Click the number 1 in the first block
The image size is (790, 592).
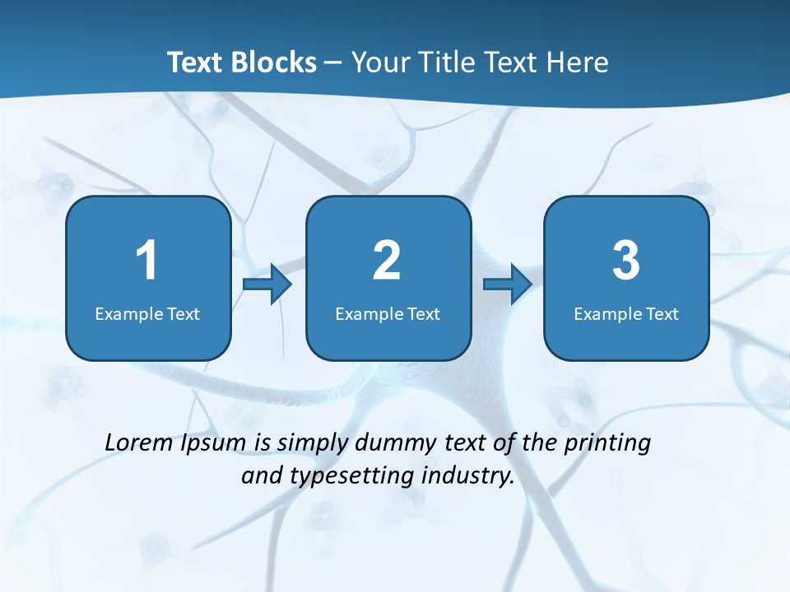[x=146, y=261]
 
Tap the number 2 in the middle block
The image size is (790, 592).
[x=387, y=261]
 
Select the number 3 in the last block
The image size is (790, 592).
[x=626, y=261]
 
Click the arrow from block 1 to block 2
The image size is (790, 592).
[x=267, y=285]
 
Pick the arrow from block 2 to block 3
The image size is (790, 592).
[x=508, y=285]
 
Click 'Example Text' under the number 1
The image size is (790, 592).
[x=147, y=313]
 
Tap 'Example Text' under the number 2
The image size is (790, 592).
[x=388, y=313]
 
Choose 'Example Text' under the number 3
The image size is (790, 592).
[x=626, y=313]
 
